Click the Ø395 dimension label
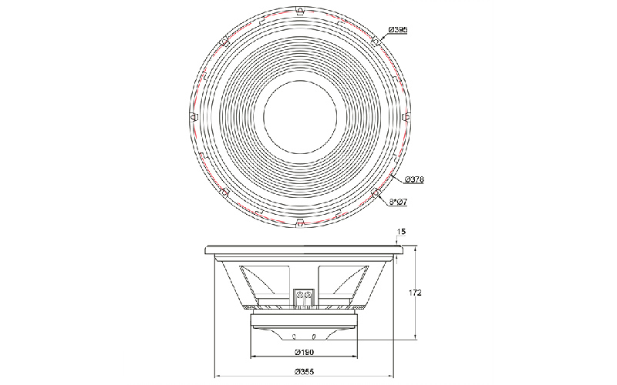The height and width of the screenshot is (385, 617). [398, 30]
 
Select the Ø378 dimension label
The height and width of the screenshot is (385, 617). [414, 179]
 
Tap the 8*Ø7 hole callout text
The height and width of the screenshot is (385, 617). [398, 202]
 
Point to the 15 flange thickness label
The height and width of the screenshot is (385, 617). [401, 232]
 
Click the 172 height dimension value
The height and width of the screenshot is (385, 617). [415, 293]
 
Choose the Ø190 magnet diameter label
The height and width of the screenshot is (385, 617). [304, 352]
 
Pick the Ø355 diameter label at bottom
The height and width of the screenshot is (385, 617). [304, 371]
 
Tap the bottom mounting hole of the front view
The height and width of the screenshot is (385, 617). [300, 223]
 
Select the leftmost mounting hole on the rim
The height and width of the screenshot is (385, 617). [193, 117]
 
